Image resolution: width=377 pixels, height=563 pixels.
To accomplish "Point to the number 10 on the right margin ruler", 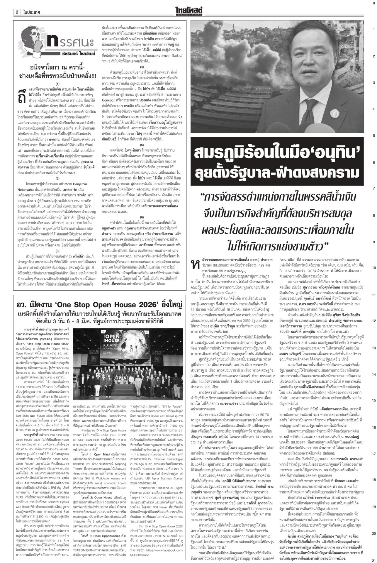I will [x=373, y=268].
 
